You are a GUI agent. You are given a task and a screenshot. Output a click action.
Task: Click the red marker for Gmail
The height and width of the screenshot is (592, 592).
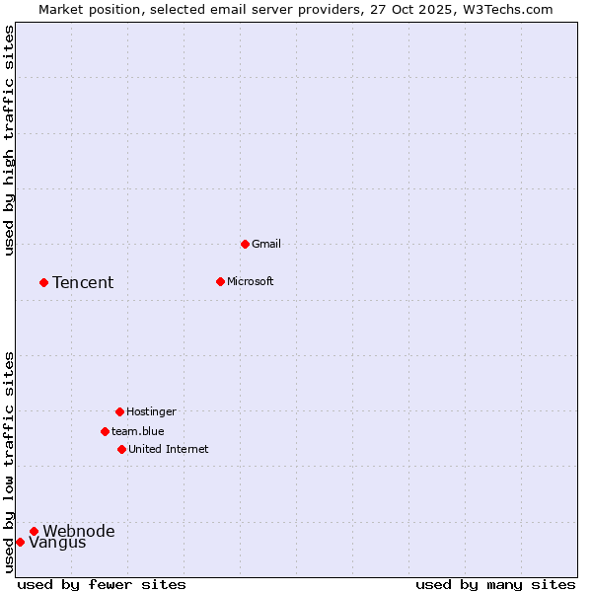(245, 244)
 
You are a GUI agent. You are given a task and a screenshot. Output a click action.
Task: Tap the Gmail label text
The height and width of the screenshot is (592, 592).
(266, 244)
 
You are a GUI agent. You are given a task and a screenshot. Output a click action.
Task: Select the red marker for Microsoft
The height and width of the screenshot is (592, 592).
(220, 281)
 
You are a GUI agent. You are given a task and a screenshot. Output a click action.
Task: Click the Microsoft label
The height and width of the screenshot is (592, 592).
(250, 281)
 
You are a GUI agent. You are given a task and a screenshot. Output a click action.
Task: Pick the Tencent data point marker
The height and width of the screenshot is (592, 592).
(43, 282)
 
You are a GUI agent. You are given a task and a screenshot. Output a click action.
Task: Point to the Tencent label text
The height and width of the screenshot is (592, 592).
(83, 283)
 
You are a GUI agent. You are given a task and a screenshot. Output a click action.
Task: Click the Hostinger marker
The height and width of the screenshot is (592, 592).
(119, 411)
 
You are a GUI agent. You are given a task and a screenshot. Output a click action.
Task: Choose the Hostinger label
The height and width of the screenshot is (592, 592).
(151, 411)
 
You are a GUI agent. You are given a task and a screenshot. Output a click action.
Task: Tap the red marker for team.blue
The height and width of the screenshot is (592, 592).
(105, 431)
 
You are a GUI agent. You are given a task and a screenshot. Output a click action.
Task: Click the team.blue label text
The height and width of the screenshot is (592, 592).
(137, 431)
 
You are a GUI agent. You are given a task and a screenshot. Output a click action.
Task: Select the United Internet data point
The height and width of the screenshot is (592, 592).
(121, 449)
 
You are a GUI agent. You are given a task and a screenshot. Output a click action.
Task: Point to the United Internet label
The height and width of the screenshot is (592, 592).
(168, 449)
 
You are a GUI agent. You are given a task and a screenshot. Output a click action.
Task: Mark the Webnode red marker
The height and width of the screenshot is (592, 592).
(34, 531)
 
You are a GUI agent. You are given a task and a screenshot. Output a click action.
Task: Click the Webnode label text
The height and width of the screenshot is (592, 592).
(79, 532)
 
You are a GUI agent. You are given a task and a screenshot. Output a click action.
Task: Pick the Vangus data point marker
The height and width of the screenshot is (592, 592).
(20, 542)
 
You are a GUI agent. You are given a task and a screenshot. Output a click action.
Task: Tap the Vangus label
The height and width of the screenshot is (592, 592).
(57, 543)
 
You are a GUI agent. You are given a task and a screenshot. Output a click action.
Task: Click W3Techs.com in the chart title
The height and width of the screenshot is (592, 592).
(507, 9)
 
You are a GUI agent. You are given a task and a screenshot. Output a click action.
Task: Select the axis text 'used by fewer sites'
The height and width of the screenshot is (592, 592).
(102, 584)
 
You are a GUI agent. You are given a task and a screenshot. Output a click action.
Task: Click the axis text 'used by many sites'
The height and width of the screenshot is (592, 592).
(495, 584)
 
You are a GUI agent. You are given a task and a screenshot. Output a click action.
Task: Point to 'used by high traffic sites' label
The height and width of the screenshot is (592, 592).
(9, 140)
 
